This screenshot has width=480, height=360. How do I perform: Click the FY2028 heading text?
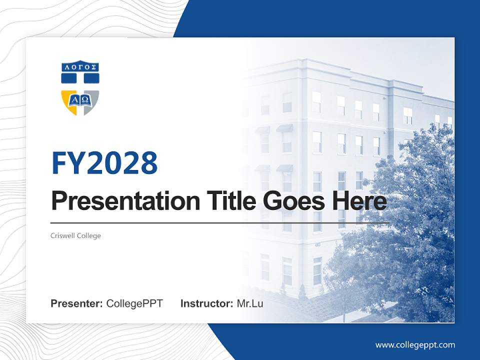point(104,162)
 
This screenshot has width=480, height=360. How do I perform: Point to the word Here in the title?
point(360,201)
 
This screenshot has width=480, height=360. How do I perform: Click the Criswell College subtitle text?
point(75,235)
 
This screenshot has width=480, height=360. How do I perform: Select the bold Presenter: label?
point(77,303)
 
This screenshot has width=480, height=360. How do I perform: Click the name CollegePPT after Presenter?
point(134,303)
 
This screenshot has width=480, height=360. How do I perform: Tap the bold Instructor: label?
point(206,303)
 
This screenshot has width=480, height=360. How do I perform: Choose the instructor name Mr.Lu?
point(249,303)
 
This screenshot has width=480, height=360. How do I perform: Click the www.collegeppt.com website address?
point(415,344)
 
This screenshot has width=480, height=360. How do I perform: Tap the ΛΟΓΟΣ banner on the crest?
point(80,66)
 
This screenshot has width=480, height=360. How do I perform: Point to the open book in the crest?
point(80,99)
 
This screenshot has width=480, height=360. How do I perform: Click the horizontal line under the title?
point(220,222)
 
